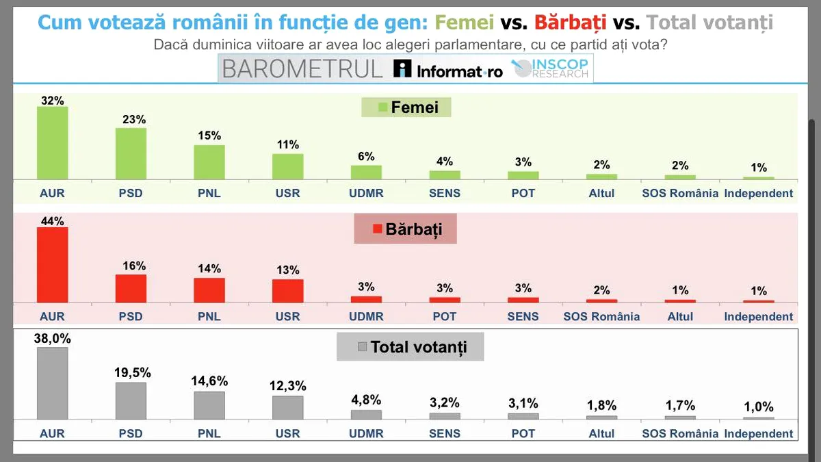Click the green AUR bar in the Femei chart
pos(52,142)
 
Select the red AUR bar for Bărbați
pos(52,265)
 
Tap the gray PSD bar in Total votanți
pos(131,400)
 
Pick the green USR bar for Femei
pos(287,166)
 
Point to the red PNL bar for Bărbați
pos(209,290)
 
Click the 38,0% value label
pos(52,338)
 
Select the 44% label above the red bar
pos(52,221)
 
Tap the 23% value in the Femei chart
pos(131,119)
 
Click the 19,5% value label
pos(131,373)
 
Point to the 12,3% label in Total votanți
pos(287,386)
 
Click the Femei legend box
pos(409,107)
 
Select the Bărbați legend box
pos(406,229)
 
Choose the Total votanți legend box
pos(410,347)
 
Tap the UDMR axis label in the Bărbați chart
pos(366,316)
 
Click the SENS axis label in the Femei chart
pos(445,193)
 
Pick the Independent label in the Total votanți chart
pos(759,433)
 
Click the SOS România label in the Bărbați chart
pos(601,316)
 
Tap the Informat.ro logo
pos(448,69)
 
